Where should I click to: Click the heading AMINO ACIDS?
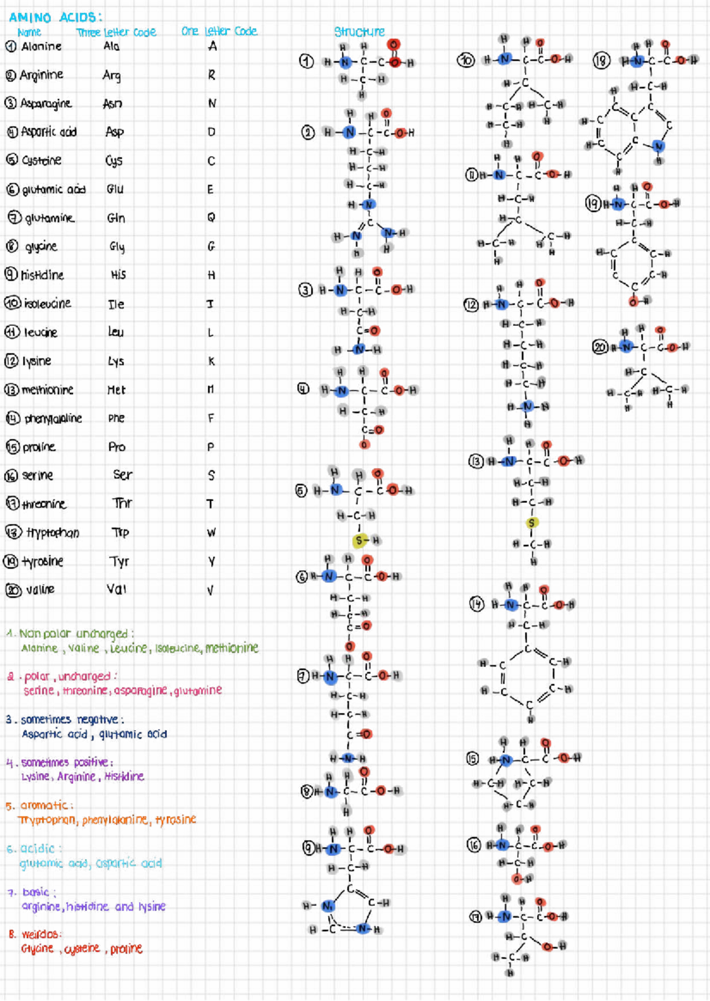pos(56,17)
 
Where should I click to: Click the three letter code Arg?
pos(111,75)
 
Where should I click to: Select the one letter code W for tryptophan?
pos(211,532)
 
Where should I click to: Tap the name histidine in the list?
pos(42,275)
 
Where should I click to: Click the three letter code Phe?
pos(117,418)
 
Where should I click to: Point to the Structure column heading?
pos(359,31)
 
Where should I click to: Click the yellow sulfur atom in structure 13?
pos(531,523)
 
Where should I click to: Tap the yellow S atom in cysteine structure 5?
pos(359,541)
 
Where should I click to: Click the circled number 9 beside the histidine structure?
pos(309,848)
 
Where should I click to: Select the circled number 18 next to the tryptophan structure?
pos(601,60)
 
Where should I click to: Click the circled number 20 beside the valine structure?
pos(601,347)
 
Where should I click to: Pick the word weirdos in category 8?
pos(41,935)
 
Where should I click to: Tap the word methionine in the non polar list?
pos(232,648)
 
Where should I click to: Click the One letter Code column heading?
pos(219,31)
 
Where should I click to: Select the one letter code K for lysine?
pos(211,361)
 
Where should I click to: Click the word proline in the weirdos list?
pos(126,949)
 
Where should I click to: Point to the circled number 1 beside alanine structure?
pos(306,62)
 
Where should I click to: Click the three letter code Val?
pos(117,589)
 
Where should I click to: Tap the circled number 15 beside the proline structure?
pos(472,759)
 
